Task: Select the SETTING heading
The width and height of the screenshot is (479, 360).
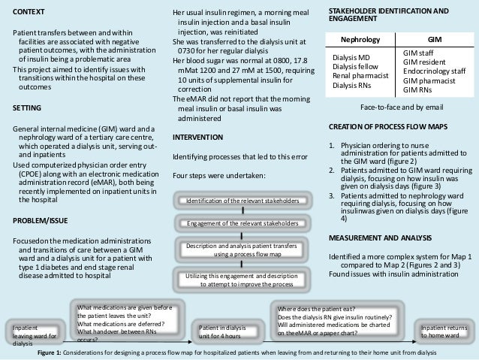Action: [x=28, y=108]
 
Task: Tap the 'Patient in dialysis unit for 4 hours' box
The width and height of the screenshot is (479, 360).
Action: [x=223, y=331]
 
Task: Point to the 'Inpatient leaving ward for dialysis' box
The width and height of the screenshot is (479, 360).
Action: [x=33, y=331]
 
